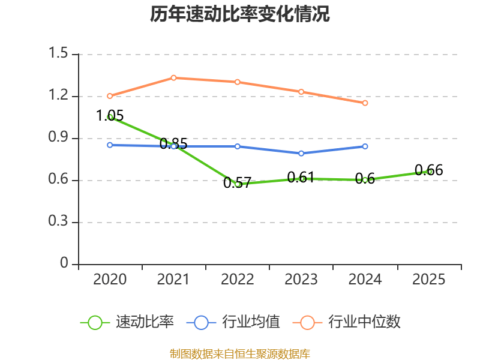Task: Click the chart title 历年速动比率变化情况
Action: click(x=240, y=14)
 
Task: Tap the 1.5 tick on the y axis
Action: click(x=59, y=55)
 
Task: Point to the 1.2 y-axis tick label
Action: click(x=59, y=97)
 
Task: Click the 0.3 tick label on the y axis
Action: click(x=59, y=223)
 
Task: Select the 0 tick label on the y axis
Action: click(x=65, y=265)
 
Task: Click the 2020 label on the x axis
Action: click(x=110, y=280)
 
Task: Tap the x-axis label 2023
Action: click(x=301, y=280)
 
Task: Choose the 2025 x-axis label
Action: click(x=429, y=280)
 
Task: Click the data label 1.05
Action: click(x=110, y=116)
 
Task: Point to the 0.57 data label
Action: click(x=237, y=183)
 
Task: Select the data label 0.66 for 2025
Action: click(x=429, y=170)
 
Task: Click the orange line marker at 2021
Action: click(x=173, y=77)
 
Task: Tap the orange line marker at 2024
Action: click(x=365, y=103)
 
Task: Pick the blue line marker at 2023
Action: click(x=301, y=154)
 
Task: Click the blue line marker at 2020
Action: click(x=110, y=145)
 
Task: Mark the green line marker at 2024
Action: click(x=365, y=180)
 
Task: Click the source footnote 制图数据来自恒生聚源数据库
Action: click(x=240, y=353)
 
